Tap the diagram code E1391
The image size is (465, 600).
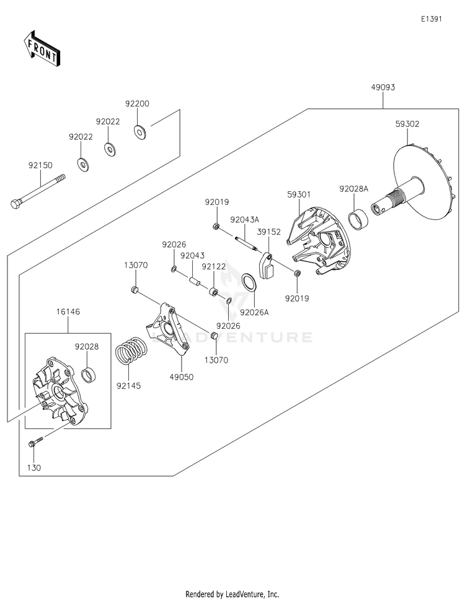click(432, 19)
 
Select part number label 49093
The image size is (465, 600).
click(383, 87)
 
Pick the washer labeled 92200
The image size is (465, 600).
click(139, 132)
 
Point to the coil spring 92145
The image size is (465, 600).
click(131, 350)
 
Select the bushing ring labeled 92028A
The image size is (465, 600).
click(359, 218)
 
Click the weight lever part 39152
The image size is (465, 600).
click(265, 265)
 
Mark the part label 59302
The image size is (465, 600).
click(407, 124)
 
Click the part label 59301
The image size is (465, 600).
click(299, 195)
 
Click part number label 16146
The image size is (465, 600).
click(68, 312)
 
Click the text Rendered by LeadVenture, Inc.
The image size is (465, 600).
click(232, 594)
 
